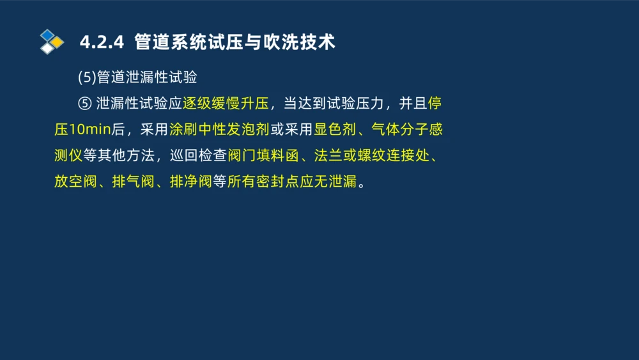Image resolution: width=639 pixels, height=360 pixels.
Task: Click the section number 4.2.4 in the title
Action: pyautogui.click(x=101, y=42)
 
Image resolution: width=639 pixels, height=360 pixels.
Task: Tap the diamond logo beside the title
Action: pyautogui.click(x=51, y=42)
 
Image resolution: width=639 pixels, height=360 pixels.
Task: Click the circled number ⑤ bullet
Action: pyautogui.click(x=85, y=104)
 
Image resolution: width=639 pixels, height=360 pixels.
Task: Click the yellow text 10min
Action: pyautogui.click(x=90, y=129)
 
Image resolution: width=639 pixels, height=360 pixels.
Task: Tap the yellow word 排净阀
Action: pyautogui.click(x=190, y=181)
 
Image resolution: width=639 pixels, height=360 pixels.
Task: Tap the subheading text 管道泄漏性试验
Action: pyautogui.click(x=147, y=77)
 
